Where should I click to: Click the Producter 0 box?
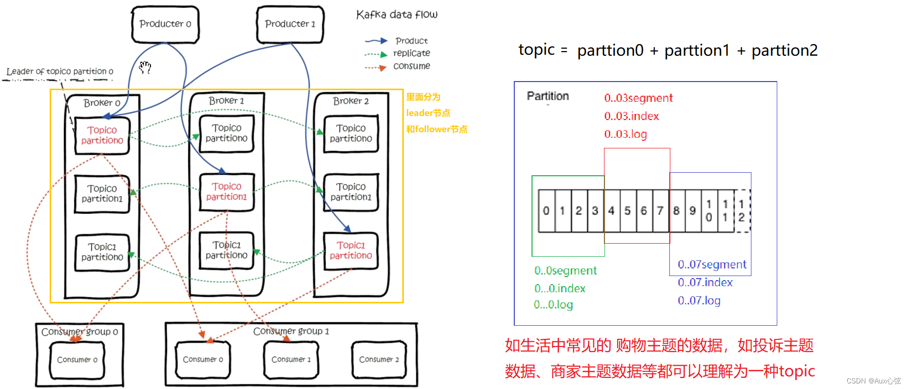click(165, 24)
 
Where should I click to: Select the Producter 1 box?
click(290, 24)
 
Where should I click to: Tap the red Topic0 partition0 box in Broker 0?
click(102, 135)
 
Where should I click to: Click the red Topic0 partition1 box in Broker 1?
click(226, 192)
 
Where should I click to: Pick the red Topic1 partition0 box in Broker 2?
click(351, 251)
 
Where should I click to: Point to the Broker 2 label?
click(351, 101)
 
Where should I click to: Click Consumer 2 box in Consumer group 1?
click(379, 360)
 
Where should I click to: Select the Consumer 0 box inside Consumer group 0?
click(77, 360)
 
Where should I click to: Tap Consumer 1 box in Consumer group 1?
click(291, 360)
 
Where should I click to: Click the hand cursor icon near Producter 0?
click(145, 67)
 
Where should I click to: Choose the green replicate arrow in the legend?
click(375, 54)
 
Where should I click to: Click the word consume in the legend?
click(411, 66)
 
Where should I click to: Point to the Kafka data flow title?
click(397, 15)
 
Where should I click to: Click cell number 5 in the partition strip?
click(627, 211)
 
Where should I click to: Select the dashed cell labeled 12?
click(742, 211)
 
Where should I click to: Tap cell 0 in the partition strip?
click(546, 211)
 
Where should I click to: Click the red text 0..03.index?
click(631, 116)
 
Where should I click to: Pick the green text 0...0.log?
click(553, 305)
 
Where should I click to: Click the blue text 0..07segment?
click(712, 264)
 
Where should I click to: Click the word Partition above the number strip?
click(548, 96)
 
